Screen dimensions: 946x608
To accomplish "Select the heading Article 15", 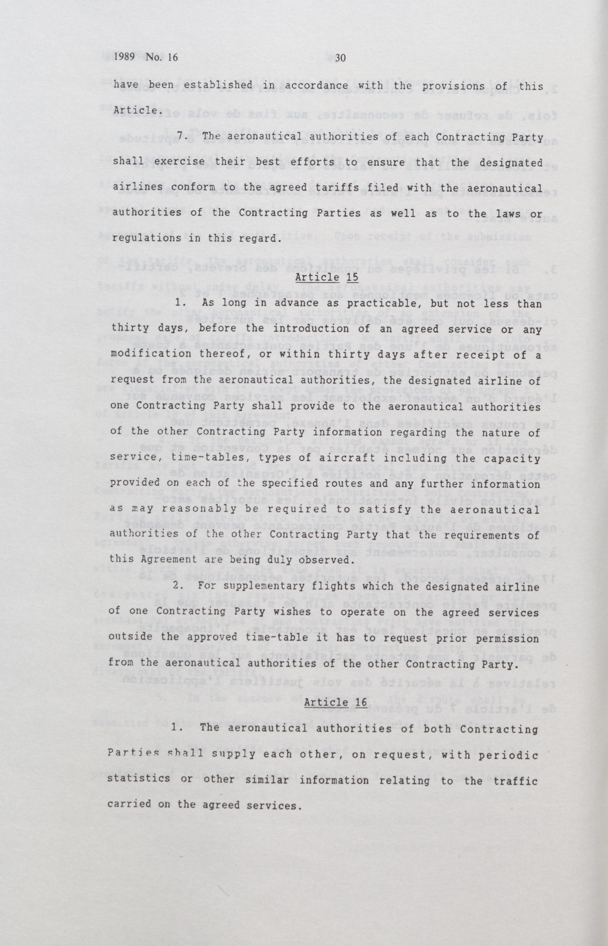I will (x=327, y=277).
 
